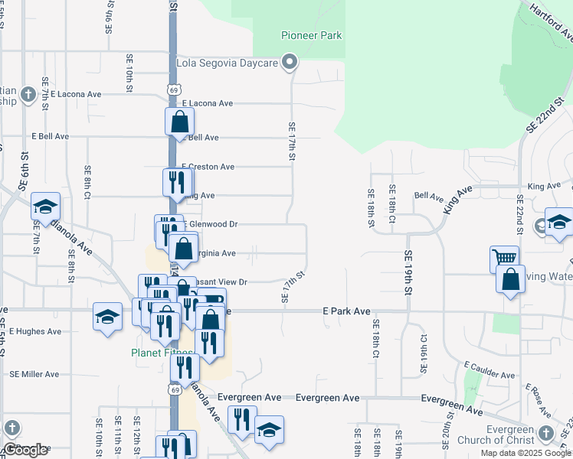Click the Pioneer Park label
[x=311, y=35]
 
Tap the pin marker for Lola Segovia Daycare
[x=289, y=63]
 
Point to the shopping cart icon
[x=504, y=259]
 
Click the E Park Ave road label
[x=346, y=311]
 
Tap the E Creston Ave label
[x=208, y=167]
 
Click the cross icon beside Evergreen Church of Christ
[x=545, y=432]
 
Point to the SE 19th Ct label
[x=424, y=353]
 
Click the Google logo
[x=25, y=450]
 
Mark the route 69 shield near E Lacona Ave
[x=175, y=90]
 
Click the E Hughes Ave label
[x=34, y=331]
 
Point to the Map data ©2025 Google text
[x=526, y=453]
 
